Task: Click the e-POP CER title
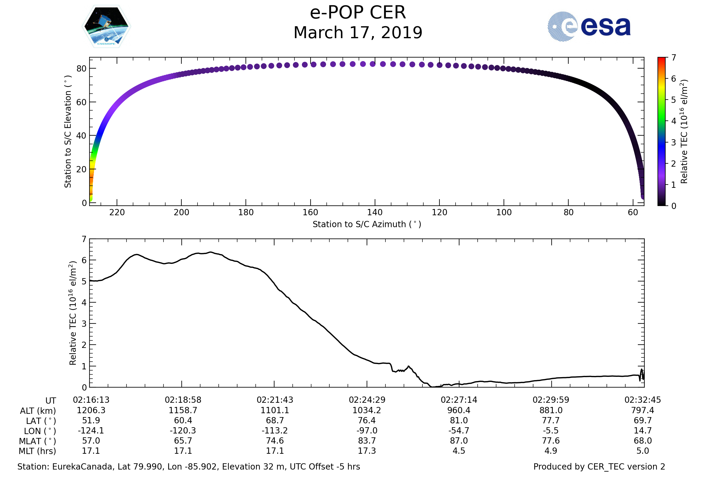click(358, 13)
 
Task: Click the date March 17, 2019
click(358, 32)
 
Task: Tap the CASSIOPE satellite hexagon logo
click(106, 27)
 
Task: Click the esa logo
click(589, 27)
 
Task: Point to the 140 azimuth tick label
click(375, 212)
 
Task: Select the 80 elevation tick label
click(81, 69)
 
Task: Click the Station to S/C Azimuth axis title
click(367, 224)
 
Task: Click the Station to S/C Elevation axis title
click(68, 131)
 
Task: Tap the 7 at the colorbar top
click(674, 58)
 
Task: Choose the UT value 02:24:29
click(367, 400)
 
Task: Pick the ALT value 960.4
click(459, 410)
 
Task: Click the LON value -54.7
click(459, 430)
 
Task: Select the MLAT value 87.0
click(459, 441)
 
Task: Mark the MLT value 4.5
click(459, 451)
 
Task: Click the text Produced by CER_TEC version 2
click(599, 467)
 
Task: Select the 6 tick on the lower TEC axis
click(84, 260)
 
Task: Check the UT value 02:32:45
click(643, 400)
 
